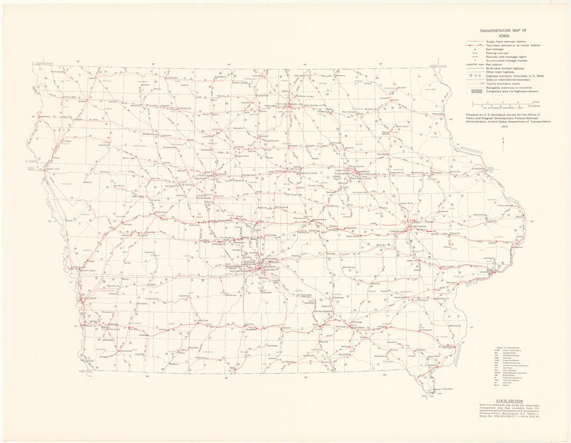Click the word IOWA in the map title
click(495, 37)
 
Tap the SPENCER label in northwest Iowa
click(136, 105)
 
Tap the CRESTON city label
click(203, 321)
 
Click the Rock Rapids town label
click(57, 71)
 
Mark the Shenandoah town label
click(125, 351)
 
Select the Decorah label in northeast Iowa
click(401, 88)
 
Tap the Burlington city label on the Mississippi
click(449, 347)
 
